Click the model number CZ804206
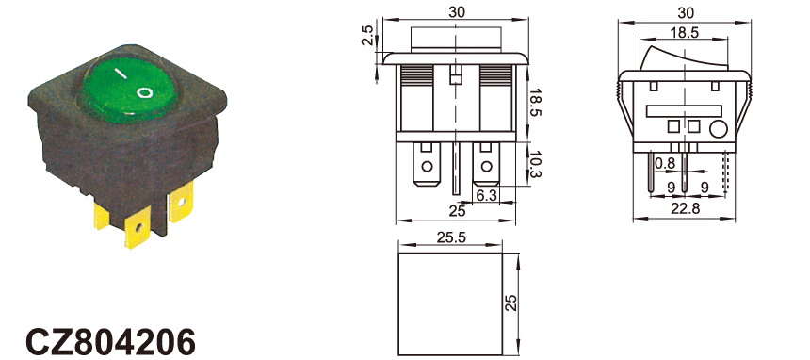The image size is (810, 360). point(110,340)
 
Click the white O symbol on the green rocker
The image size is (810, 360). point(145,92)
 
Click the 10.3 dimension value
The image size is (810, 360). point(536,167)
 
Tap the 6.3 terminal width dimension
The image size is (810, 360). point(486,195)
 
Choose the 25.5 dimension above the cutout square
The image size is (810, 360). point(451,237)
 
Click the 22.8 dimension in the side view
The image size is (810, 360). point(685,208)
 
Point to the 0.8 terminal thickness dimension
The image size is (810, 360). point(665,164)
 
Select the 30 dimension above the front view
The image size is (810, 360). point(456,12)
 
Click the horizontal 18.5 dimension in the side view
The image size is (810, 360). point(685,33)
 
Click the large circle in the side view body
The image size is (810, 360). point(718,128)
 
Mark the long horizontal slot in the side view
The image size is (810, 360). point(684,110)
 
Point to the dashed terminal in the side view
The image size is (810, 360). point(726,172)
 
